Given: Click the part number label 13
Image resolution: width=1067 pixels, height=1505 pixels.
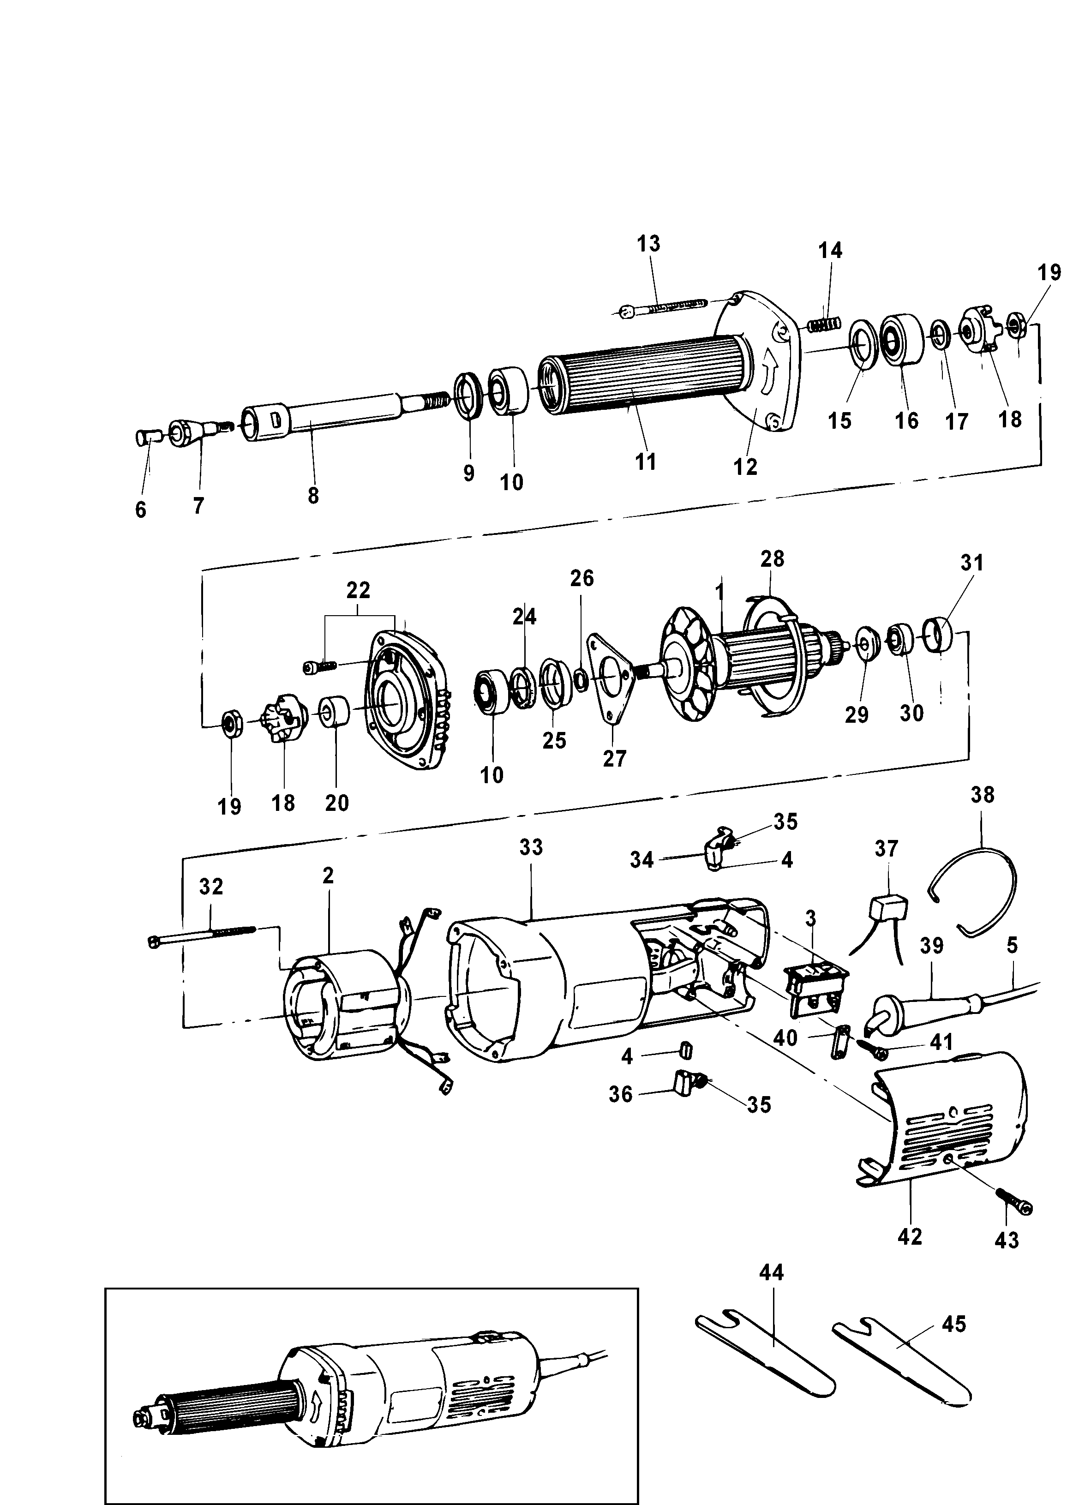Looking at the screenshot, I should click(648, 244).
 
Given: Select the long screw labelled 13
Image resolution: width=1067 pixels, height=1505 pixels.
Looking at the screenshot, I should click(664, 307).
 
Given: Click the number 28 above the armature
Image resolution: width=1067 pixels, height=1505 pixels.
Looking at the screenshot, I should click(773, 559).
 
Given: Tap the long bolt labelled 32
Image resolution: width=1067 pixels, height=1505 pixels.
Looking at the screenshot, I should click(210, 935).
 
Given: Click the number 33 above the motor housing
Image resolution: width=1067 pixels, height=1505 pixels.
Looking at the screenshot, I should click(531, 847).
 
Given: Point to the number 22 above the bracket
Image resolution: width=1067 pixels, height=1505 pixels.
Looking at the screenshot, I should click(359, 590).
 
